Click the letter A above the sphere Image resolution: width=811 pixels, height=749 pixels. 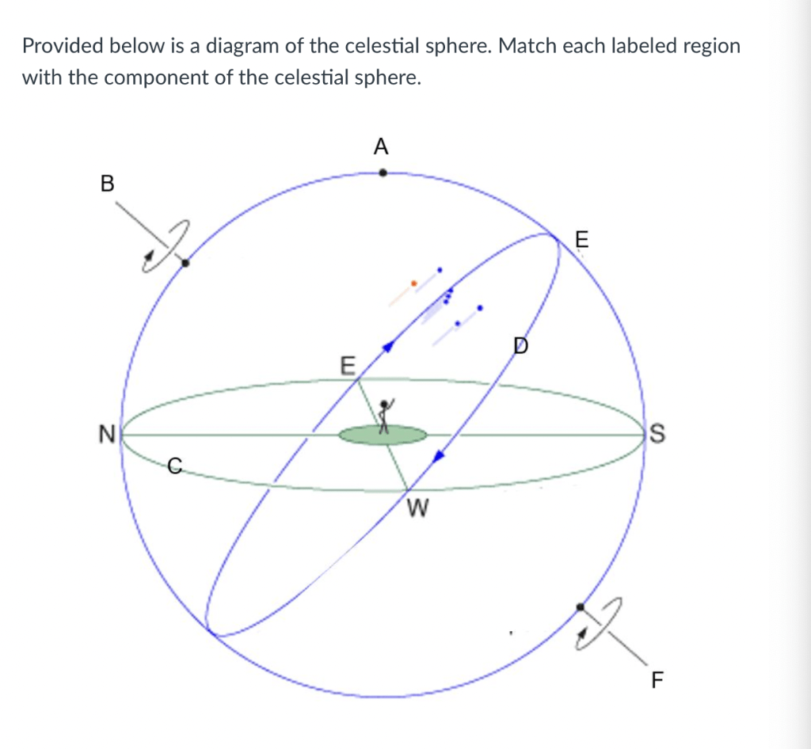point(381,146)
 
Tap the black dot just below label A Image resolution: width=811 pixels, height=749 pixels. point(383,173)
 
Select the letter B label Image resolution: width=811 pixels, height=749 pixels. point(107,183)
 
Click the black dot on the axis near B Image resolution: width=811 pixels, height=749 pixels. point(185,263)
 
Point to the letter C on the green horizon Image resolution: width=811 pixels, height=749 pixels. point(175,466)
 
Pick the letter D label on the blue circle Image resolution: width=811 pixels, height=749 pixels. point(521,346)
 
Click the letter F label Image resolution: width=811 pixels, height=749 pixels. point(657,680)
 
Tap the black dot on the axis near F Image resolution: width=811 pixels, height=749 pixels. point(581,606)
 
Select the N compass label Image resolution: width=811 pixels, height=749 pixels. point(107,434)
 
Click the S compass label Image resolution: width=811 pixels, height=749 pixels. point(657,434)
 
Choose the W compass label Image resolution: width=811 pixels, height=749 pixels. point(417,508)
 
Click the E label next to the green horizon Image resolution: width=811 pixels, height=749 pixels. point(348,366)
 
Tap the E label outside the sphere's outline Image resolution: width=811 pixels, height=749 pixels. point(582,239)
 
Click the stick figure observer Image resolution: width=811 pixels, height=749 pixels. point(385,416)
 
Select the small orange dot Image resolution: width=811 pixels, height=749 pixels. point(413,283)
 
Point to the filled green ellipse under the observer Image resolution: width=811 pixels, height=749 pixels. point(383,435)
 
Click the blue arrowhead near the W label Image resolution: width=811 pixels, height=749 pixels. point(439,455)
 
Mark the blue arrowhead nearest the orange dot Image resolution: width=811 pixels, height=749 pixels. point(388,347)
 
